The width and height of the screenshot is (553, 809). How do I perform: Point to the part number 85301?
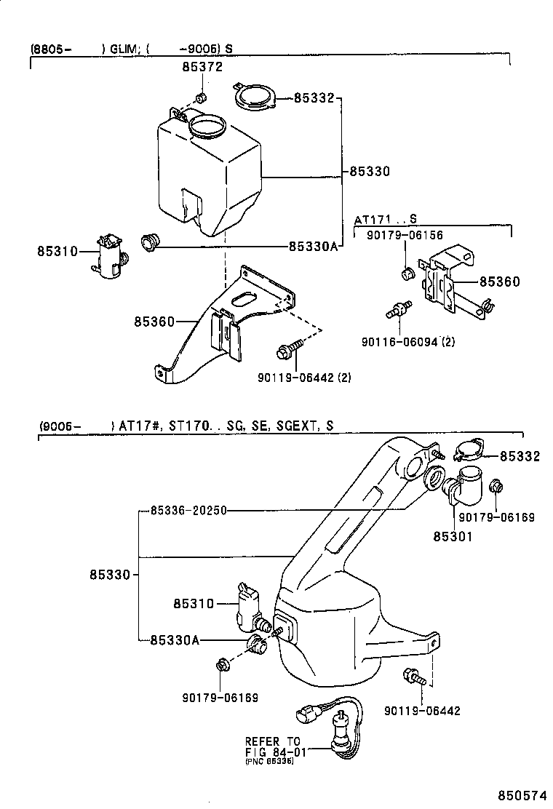point(453,537)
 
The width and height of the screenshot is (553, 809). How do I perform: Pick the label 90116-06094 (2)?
point(408,341)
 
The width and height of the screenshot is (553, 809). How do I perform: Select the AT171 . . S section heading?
point(386,219)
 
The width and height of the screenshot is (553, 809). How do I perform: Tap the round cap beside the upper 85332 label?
point(255,97)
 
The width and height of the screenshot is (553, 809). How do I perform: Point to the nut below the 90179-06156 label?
point(407,274)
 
